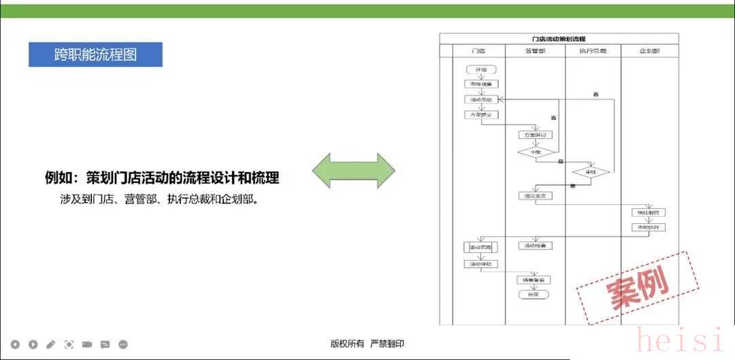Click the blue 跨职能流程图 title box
[x=95, y=54]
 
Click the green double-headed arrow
[x=353, y=171]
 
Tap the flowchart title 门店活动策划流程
[x=558, y=39]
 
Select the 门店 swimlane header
[x=478, y=51]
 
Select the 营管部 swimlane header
[x=535, y=51]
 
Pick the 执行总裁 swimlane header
[x=593, y=51]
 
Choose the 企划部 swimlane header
[x=649, y=51]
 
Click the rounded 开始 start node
[x=481, y=69]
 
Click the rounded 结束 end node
[x=533, y=295]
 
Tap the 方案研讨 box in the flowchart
[x=534, y=135]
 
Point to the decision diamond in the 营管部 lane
[x=536, y=152]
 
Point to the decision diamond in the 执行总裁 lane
[x=591, y=171]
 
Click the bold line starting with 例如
[x=162, y=178]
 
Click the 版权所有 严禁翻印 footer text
[x=367, y=344]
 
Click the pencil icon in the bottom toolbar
[x=51, y=344]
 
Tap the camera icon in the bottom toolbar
[x=87, y=344]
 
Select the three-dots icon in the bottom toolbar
[x=123, y=344]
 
